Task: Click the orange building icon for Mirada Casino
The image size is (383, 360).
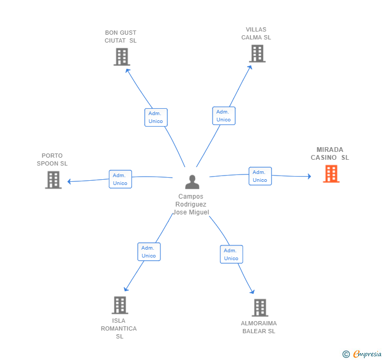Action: (x=331, y=174)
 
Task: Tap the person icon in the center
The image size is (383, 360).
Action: (x=192, y=182)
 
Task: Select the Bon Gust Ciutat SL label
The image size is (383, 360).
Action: (x=120, y=37)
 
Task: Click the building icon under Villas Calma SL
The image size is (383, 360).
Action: (x=257, y=54)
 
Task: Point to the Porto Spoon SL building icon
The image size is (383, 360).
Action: (x=53, y=180)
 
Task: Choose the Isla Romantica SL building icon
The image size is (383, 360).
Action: (x=120, y=305)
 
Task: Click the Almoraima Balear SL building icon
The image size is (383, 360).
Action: (x=260, y=307)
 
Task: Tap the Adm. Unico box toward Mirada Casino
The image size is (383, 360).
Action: (x=260, y=176)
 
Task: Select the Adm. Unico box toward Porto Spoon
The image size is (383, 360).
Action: (x=120, y=179)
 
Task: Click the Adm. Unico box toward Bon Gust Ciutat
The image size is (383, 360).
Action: (x=156, y=117)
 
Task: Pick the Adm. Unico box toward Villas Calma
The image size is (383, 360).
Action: (x=224, y=116)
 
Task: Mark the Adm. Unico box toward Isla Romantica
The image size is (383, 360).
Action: (x=149, y=252)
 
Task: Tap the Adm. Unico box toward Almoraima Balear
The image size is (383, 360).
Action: (x=231, y=254)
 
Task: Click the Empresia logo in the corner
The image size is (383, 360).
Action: (x=362, y=354)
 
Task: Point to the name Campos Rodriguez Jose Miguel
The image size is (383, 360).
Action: (x=191, y=204)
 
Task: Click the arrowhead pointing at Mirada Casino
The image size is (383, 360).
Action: (x=309, y=176)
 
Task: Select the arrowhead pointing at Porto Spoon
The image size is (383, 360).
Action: (x=69, y=181)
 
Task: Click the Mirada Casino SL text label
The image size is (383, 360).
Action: (x=330, y=153)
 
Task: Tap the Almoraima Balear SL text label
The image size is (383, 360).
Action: (x=259, y=327)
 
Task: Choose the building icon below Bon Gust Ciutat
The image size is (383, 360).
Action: (x=122, y=57)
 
